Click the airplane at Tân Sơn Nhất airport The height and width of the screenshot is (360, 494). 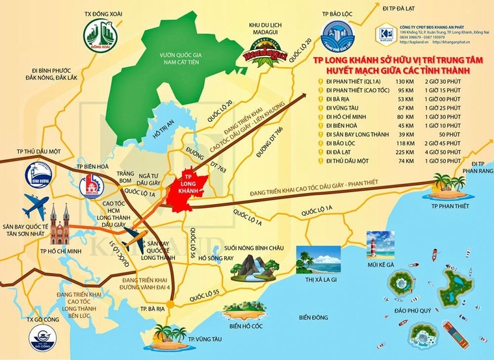(x=36, y=209)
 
